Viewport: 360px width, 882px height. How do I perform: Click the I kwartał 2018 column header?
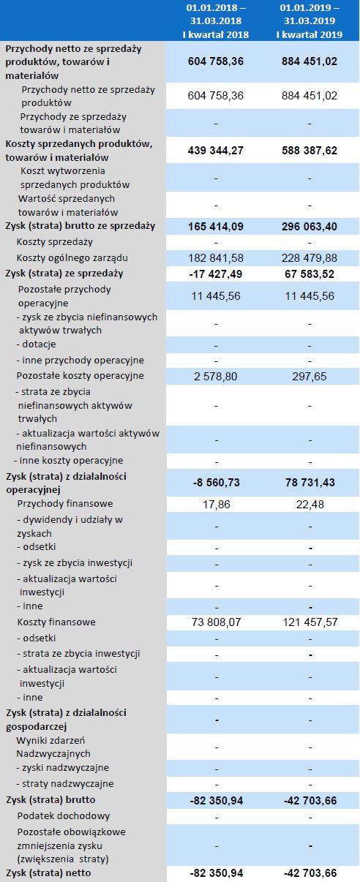(216, 20)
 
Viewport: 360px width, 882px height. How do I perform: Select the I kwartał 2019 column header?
(310, 20)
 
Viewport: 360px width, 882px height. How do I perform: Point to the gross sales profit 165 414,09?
(216, 227)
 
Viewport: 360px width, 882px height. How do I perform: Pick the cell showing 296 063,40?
(310, 227)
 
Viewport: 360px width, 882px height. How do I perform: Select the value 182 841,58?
(216, 258)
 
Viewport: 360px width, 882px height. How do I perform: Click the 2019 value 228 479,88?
(310, 258)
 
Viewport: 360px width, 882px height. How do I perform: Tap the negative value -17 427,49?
(216, 274)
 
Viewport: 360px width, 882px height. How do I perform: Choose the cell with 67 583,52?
(310, 274)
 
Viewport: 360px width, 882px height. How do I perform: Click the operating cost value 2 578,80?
(216, 376)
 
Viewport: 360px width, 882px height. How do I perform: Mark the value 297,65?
(310, 376)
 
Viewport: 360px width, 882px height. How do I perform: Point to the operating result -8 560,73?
(216, 483)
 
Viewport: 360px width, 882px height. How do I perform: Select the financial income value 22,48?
(310, 504)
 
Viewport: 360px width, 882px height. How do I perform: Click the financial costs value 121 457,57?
(310, 622)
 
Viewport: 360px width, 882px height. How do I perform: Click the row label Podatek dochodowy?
(53, 815)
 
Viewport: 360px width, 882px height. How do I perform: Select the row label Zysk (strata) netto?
(50, 873)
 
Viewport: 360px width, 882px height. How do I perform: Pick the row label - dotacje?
(36, 344)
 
